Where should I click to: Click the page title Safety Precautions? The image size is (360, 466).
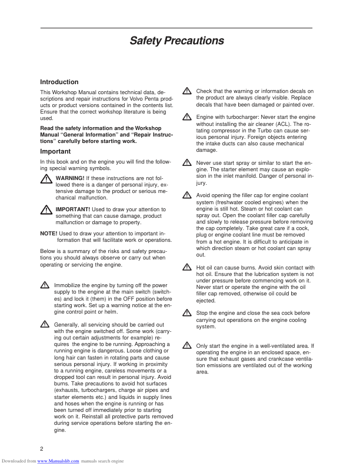coord(176,41)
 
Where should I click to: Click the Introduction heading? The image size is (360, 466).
coord(59,82)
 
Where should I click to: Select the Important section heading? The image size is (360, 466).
coord(55,151)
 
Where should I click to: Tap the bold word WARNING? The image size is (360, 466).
coord(69,178)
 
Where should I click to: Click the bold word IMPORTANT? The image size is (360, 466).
coord(72,209)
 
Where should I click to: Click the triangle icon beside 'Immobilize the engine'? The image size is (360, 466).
coord(45,285)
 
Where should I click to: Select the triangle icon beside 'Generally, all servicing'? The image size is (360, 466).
coord(45,324)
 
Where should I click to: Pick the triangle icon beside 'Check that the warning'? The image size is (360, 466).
coord(186,91)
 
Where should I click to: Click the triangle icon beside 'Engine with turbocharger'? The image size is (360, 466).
coord(186,117)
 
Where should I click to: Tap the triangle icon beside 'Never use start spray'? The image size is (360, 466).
coord(186,162)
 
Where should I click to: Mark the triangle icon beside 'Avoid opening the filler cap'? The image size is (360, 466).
coord(186,194)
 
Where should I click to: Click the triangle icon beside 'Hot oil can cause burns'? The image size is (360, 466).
coord(186,267)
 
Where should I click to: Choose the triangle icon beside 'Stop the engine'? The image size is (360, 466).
coord(186,313)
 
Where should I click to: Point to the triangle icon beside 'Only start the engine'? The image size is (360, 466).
coord(186,345)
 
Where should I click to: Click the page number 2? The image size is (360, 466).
coord(42,449)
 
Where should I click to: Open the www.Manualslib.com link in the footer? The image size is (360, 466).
coord(58,461)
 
